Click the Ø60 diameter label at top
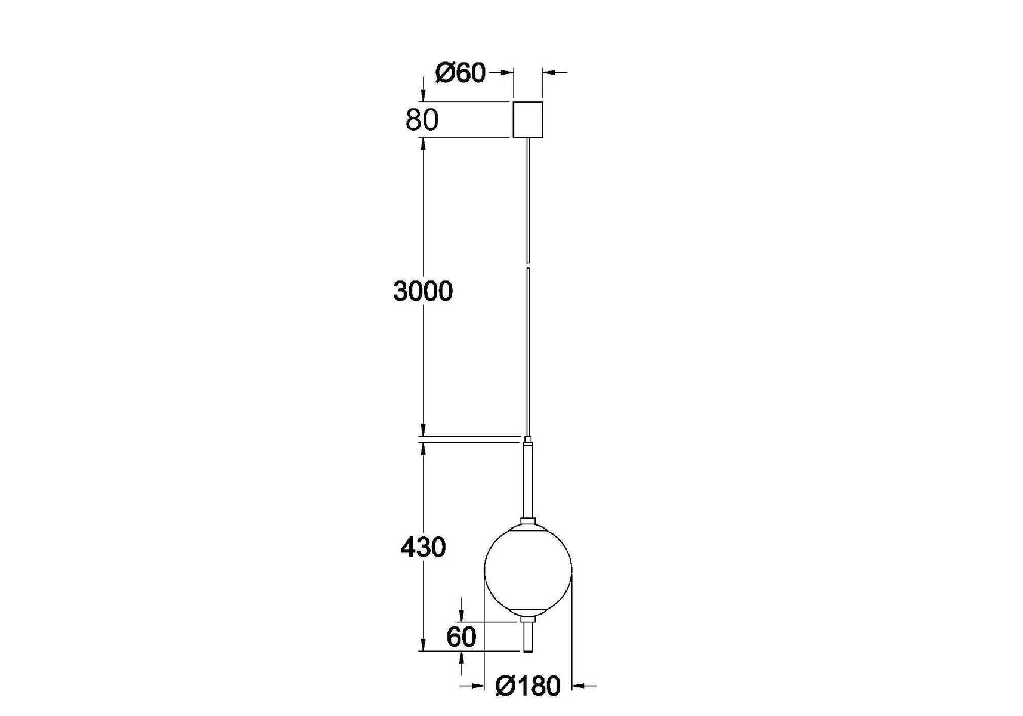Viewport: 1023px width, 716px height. click(x=460, y=73)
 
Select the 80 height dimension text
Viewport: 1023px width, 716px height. click(x=422, y=120)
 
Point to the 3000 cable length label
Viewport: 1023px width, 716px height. click(x=423, y=291)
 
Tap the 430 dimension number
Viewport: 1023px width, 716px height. click(x=423, y=547)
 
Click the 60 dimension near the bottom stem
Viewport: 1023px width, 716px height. click(x=461, y=637)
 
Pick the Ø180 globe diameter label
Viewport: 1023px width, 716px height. click(x=528, y=686)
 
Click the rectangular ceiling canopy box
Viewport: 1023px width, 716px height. click(x=528, y=120)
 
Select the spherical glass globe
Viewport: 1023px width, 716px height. click(x=528, y=570)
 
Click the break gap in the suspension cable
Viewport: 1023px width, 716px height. click(x=528, y=264)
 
